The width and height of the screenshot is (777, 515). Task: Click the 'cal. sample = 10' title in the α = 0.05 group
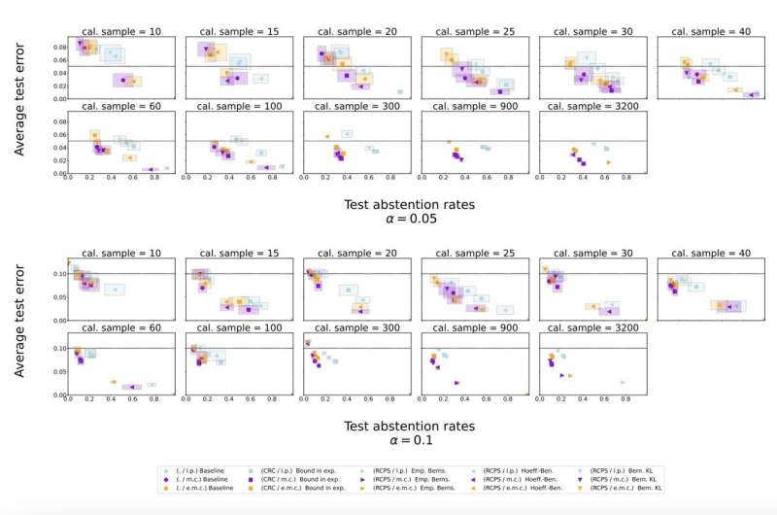122,31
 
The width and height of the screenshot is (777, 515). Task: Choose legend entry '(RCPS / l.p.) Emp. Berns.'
409,469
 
